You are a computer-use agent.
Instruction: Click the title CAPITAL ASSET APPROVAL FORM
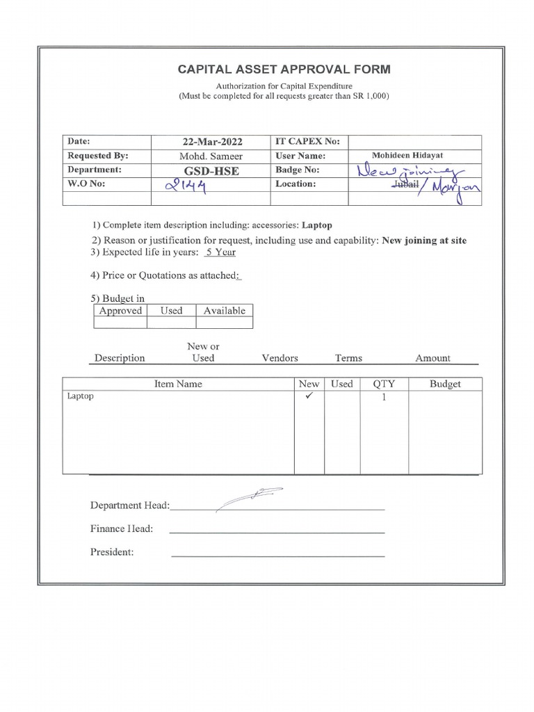[x=284, y=70]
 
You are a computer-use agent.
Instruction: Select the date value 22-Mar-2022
[x=212, y=142]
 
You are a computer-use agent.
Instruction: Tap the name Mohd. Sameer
[x=212, y=156]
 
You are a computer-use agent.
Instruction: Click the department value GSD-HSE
[x=212, y=170]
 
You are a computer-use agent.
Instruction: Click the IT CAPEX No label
[x=307, y=142]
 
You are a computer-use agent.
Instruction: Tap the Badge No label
[x=298, y=170]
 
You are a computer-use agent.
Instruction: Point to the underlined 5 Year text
[x=220, y=252]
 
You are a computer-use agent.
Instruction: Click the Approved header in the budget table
[x=120, y=311]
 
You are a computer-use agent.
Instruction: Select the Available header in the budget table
[x=224, y=311]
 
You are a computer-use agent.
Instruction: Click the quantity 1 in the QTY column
[x=383, y=398]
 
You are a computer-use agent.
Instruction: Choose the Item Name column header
[x=178, y=384]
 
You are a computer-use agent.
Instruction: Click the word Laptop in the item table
[x=80, y=396]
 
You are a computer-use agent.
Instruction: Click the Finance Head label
[x=122, y=528]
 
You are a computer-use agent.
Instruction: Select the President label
[x=112, y=552]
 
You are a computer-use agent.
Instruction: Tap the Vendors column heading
[x=280, y=358]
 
